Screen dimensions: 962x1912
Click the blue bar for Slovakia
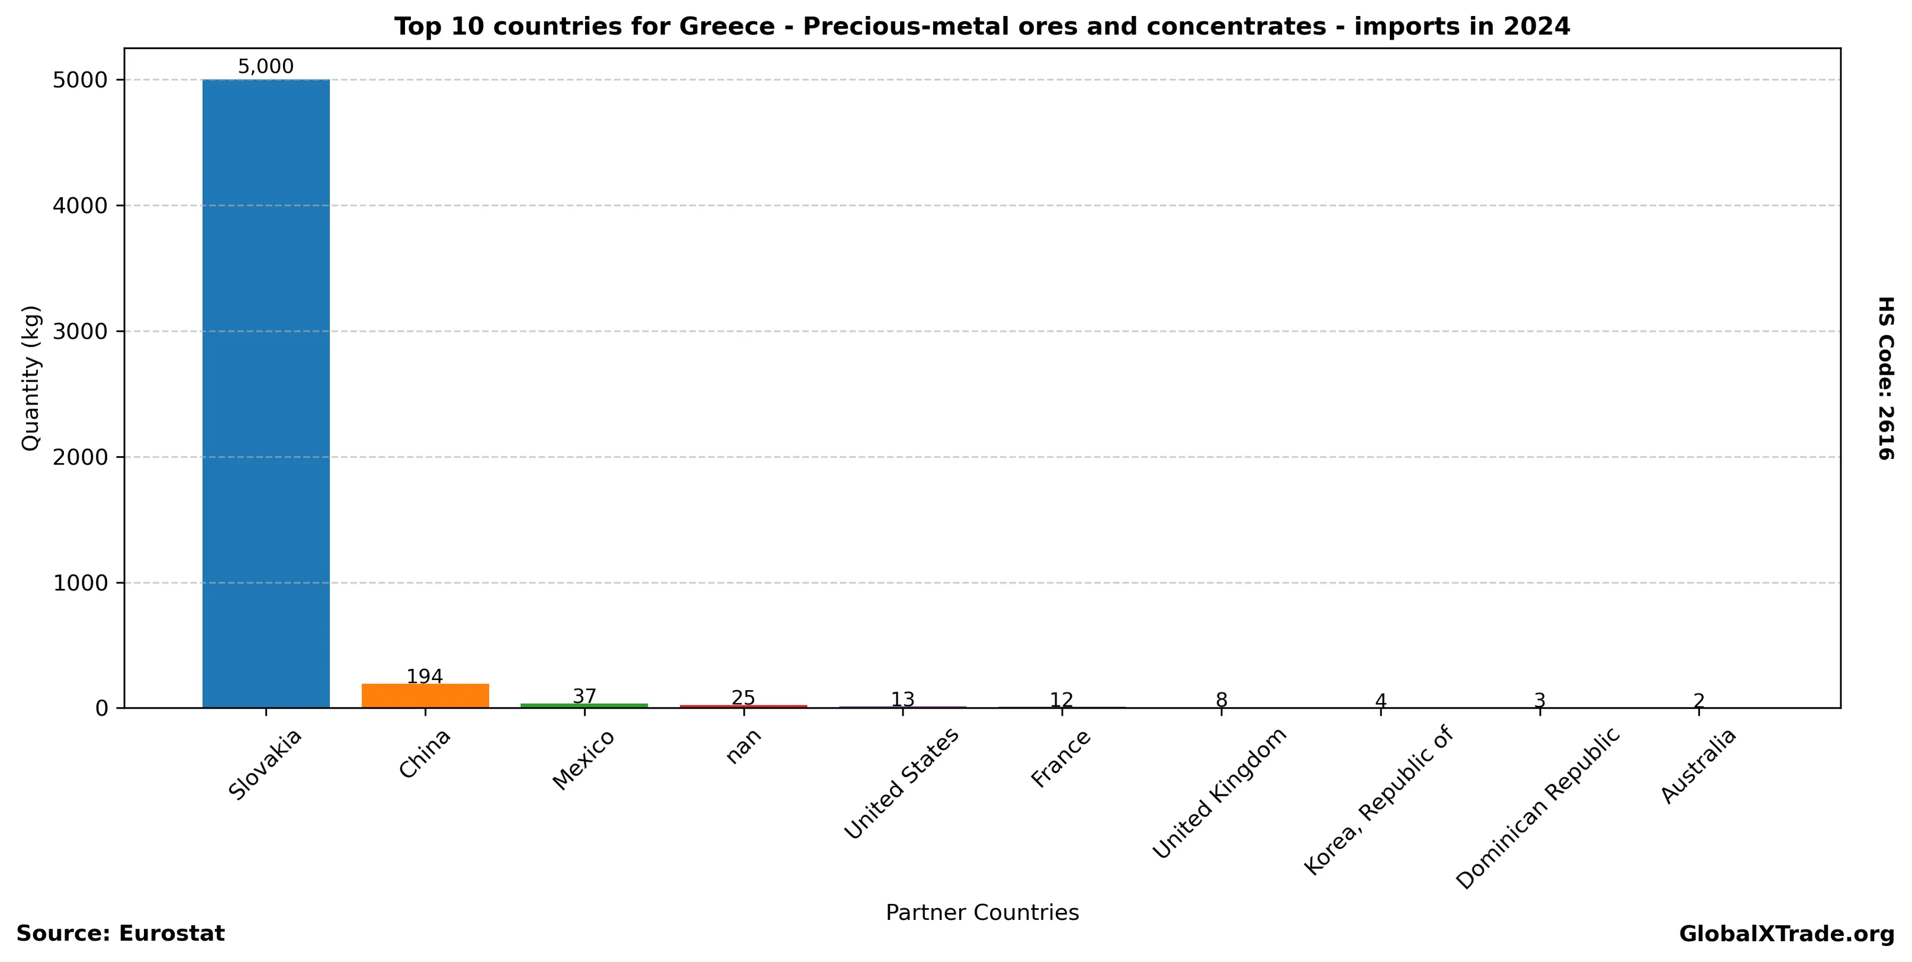coord(266,393)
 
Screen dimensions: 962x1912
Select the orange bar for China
coord(425,695)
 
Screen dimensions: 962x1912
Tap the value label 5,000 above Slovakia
coord(266,67)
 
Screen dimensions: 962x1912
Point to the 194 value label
coord(425,677)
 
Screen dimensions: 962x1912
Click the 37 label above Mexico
coord(584,696)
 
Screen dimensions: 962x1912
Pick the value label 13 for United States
coord(902,699)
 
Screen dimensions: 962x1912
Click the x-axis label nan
coord(744,745)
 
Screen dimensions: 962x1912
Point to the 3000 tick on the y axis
coord(81,331)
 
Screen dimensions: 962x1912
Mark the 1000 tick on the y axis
coord(81,583)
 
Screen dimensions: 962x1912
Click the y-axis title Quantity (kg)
coord(30,378)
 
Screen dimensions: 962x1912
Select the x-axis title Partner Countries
coord(982,913)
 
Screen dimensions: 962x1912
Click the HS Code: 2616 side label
coord(1886,378)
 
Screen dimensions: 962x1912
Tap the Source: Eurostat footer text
coord(120,934)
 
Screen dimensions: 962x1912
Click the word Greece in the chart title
coord(727,27)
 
